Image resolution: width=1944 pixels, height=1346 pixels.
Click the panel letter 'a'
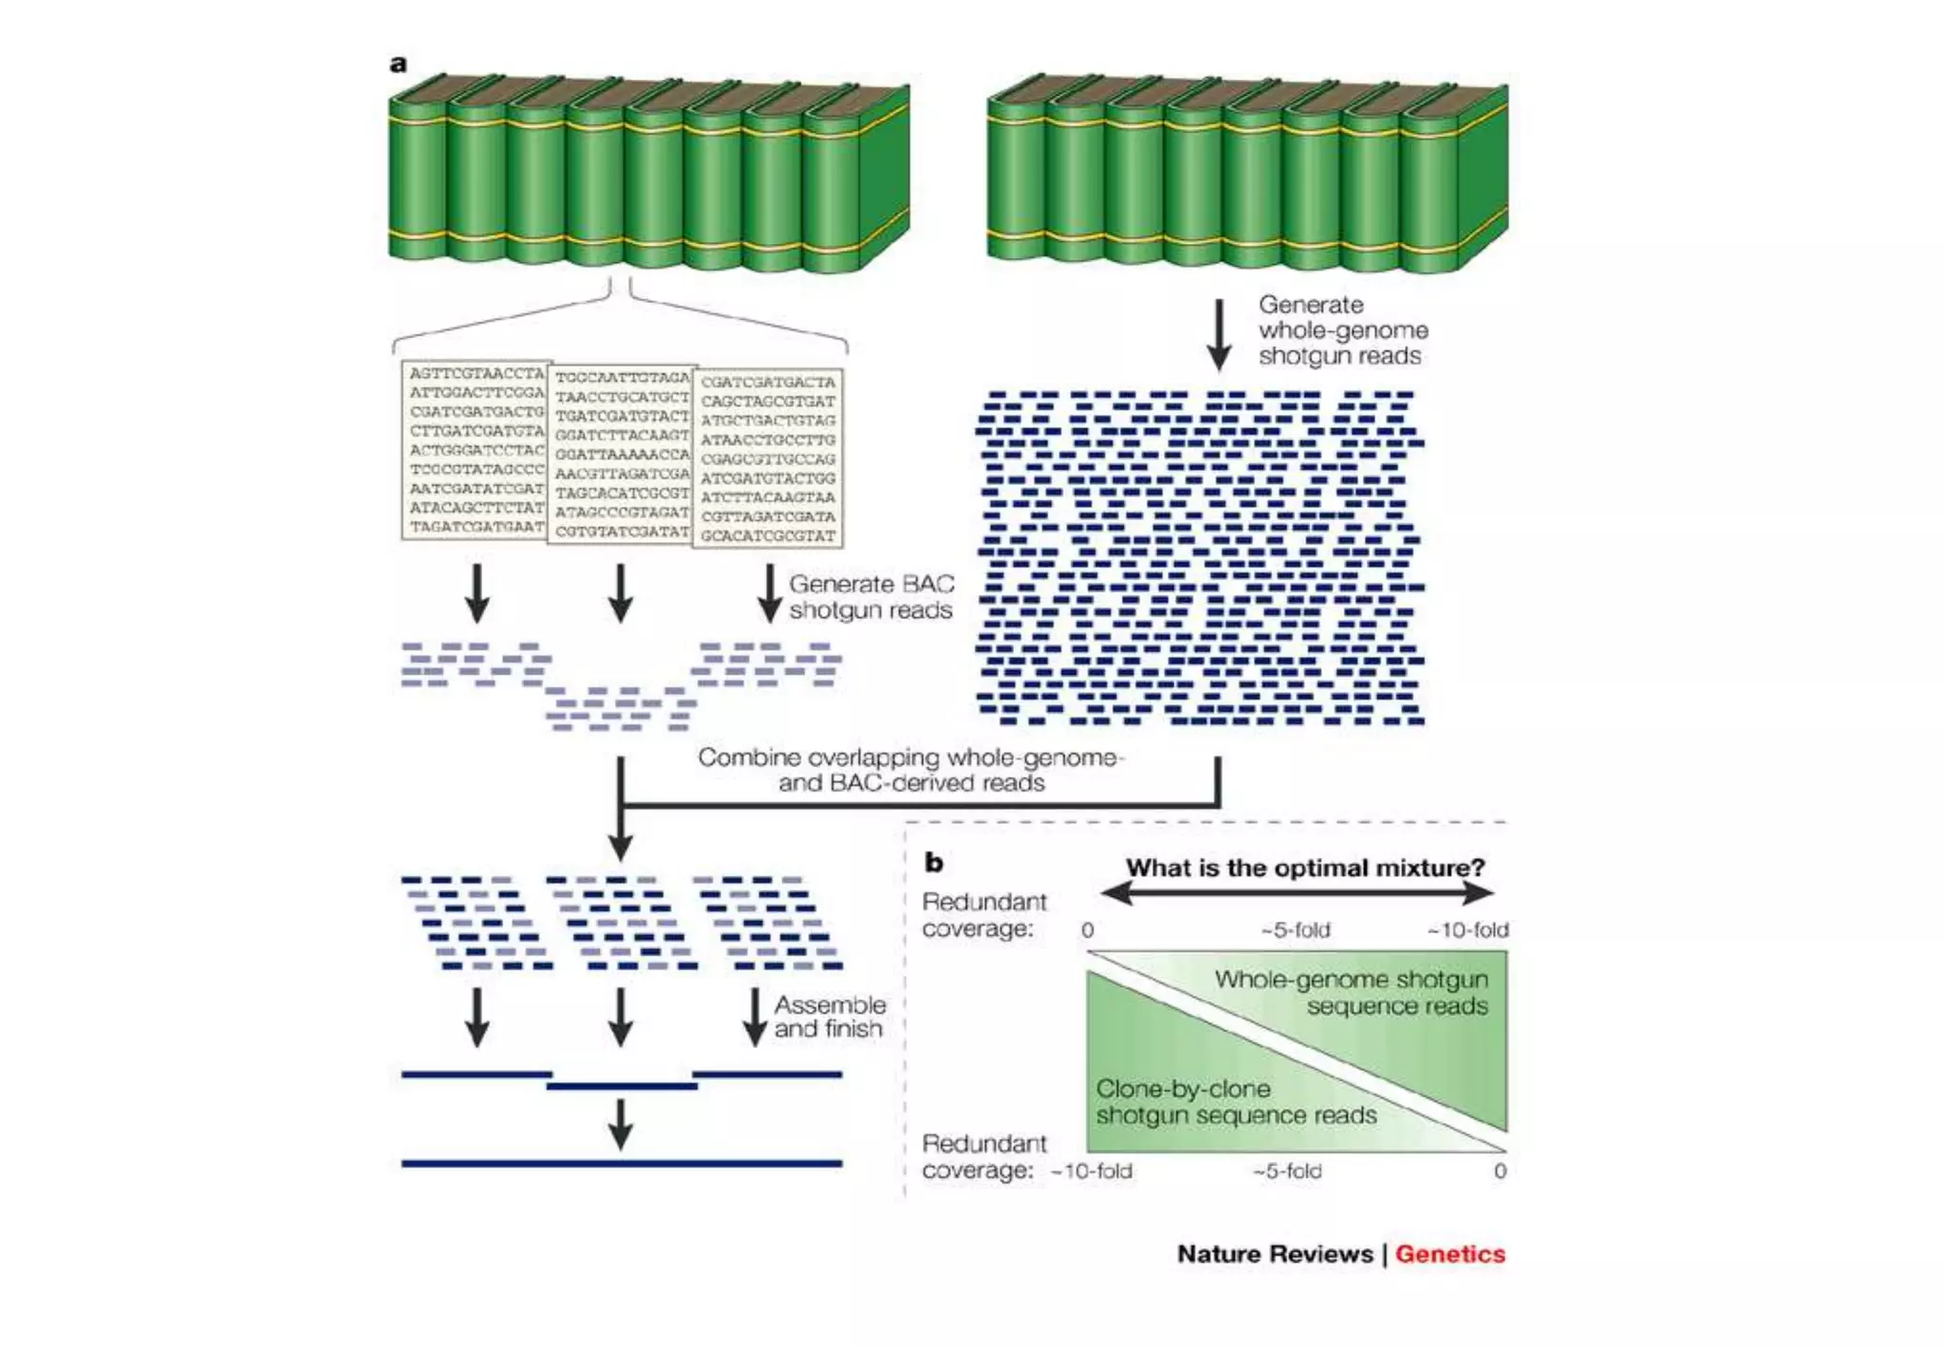click(399, 64)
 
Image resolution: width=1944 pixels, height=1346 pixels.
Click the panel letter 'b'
click(934, 862)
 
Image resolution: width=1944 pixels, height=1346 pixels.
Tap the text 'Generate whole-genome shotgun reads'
click(1342, 330)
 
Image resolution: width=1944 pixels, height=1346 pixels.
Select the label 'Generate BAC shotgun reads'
click(870, 597)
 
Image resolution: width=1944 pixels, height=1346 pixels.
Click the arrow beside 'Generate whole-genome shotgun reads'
click(1219, 334)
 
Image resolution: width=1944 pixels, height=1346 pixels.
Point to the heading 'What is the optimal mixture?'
click(1305, 868)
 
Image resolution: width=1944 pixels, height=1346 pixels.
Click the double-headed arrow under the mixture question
click(1297, 892)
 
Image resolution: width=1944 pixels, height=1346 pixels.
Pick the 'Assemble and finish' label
click(829, 1017)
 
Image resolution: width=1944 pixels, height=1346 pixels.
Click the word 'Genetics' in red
click(1449, 1254)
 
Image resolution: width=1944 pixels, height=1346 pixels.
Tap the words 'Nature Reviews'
click(1275, 1254)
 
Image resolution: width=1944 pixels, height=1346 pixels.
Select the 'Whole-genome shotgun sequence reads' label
click(1351, 992)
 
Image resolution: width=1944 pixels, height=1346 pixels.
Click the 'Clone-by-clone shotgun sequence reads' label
click(1235, 1102)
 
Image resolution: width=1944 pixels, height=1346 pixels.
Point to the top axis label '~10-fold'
click(1467, 930)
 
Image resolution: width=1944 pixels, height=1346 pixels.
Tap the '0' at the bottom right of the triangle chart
click(1500, 1171)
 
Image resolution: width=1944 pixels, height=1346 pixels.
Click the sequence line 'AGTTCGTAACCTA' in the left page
click(477, 374)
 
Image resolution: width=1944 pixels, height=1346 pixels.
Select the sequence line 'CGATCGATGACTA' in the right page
click(768, 383)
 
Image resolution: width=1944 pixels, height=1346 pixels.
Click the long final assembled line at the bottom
click(621, 1163)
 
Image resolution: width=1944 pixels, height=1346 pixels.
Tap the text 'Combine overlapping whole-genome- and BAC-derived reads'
click(910, 770)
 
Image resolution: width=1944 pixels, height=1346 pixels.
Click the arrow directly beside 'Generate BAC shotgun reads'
click(769, 593)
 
